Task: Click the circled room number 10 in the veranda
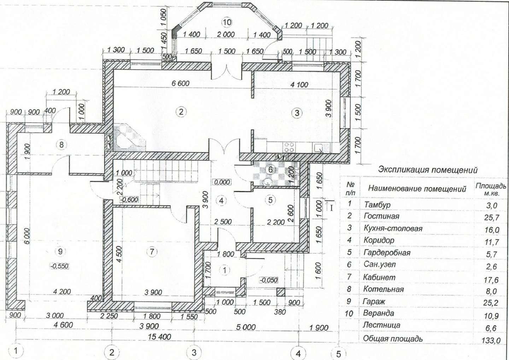(227, 22)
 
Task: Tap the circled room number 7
(152, 252)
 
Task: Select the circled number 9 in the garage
(60, 252)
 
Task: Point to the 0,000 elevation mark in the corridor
(222, 182)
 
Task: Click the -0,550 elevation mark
(59, 266)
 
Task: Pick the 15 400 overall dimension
(159, 337)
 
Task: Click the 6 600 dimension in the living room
(180, 83)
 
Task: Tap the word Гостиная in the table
(381, 216)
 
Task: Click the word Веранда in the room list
(378, 313)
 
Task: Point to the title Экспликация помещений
(428, 170)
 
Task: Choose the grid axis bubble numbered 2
(112, 352)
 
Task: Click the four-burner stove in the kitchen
(289, 147)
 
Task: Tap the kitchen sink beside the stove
(318, 148)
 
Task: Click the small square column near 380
(281, 292)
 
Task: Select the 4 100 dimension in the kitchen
(299, 85)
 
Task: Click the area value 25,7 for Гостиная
(491, 218)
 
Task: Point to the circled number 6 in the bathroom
(270, 170)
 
